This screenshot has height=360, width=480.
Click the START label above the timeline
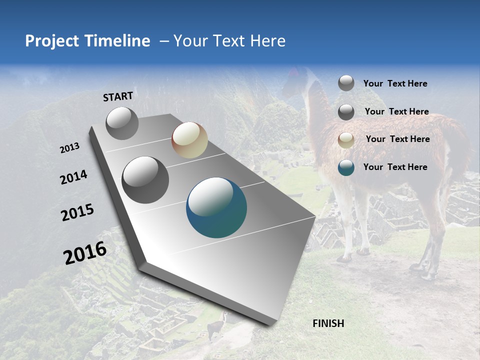(118, 96)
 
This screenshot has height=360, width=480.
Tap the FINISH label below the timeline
(328, 323)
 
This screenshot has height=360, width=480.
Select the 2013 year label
(70, 148)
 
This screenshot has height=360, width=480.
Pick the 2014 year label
(73, 177)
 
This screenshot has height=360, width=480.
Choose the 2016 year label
(85, 253)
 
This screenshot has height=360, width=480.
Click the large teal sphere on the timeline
(216, 207)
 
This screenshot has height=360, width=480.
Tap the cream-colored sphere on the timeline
(189, 140)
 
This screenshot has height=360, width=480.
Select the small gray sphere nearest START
(122, 123)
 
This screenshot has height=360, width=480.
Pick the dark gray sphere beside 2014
(145, 180)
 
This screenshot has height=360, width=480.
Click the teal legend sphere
(346, 167)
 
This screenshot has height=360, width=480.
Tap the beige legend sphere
(346, 140)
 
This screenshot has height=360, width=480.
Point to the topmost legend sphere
(346, 83)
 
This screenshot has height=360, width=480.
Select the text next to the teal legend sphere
(395, 167)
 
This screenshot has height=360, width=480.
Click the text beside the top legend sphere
(395, 83)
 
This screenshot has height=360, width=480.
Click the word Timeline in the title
(117, 41)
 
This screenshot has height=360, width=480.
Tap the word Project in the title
(51, 41)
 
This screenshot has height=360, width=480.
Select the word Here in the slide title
(268, 41)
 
